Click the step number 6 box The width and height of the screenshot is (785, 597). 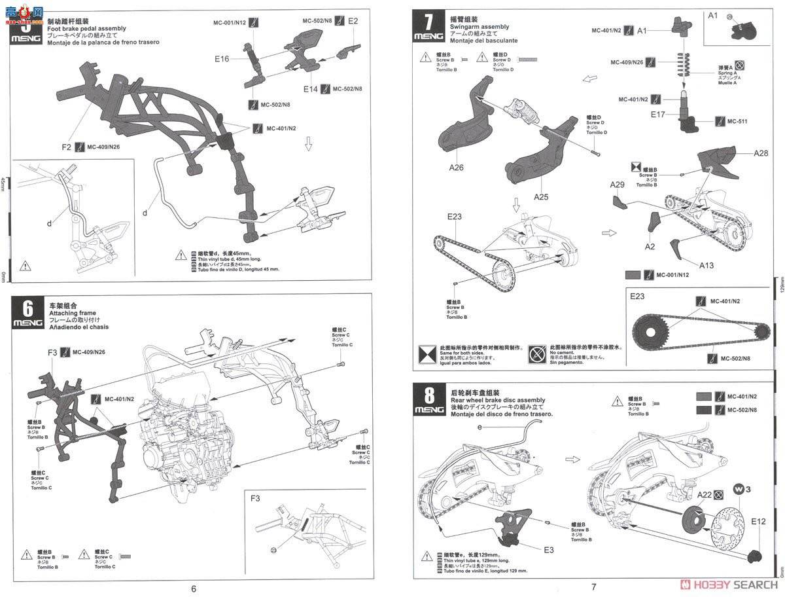pyautogui.click(x=26, y=312)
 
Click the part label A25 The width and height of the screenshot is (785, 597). pyautogui.click(x=542, y=196)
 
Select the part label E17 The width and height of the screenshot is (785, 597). pyautogui.click(x=658, y=114)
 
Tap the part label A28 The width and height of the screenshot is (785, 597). pyautogui.click(x=761, y=153)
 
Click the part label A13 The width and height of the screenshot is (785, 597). pyautogui.click(x=706, y=265)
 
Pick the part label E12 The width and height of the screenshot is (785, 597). pyautogui.click(x=759, y=521)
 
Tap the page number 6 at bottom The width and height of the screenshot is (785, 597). pyautogui.click(x=193, y=587)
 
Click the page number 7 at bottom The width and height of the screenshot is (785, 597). pyautogui.click(x=593, y=587)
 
